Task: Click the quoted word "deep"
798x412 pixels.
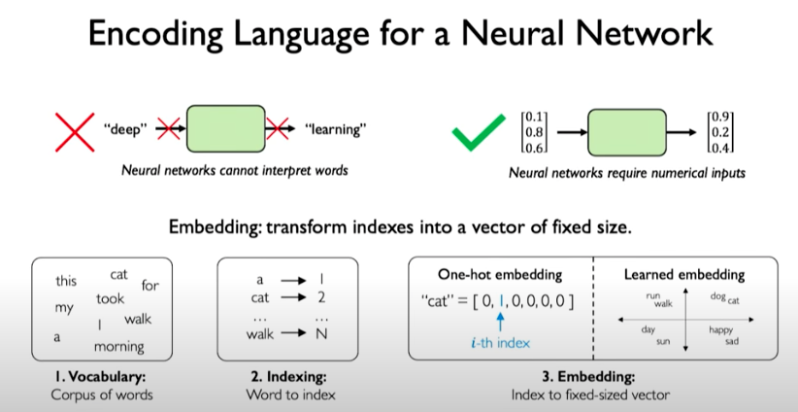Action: click(x=125, y=128)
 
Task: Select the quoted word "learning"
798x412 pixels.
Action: click(x=335, y=128)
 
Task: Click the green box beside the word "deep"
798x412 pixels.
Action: click(x=224, y=128)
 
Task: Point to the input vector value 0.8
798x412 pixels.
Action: click(x=533, y=132)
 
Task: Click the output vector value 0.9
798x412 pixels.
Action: click(x=720, y=118)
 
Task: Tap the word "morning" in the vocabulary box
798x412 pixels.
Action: click(x=118, y=346)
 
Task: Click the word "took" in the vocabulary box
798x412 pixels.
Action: click(x=110, y=299)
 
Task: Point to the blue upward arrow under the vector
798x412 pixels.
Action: click(x=500, y=321)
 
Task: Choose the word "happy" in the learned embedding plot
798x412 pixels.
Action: click(x=720, y=330)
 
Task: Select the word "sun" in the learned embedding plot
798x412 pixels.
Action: click(x=663, y=342)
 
